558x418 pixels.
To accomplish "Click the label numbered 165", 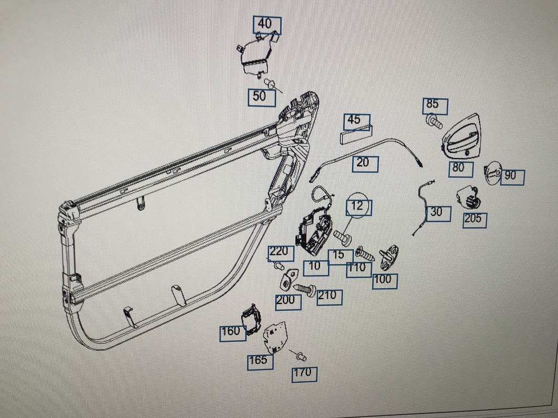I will [261, 360].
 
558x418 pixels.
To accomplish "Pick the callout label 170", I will [303, 373].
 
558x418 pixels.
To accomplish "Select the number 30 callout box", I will [437, 213].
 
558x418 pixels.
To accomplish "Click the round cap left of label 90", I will [492, 173].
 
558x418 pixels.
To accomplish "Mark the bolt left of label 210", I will [304, 288].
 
